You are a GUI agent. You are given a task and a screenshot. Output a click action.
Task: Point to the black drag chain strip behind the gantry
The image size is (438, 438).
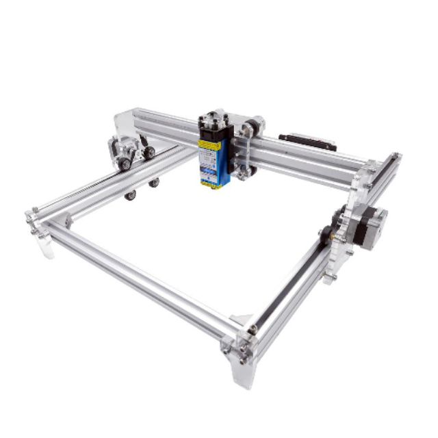tap(307, 142)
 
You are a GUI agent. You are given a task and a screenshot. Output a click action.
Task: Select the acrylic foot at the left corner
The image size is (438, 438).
tap(44, 244)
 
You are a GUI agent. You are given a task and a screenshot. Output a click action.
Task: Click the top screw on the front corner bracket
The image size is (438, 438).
tap(253, 330)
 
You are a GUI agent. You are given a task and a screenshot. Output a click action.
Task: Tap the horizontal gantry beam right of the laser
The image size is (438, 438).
tap(308, 157)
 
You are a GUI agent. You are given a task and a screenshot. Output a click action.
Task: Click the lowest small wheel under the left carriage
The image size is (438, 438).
tap(129, 196)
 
